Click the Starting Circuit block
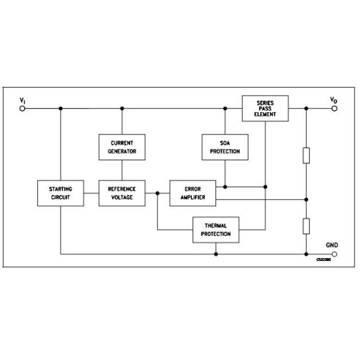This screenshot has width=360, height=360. tap(61, 193)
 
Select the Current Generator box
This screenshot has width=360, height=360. tap(122, 147)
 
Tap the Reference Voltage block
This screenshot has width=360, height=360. tap(122, 193)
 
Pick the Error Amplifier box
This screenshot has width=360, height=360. tap(192, 193)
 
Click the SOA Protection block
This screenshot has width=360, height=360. tap(225, 147)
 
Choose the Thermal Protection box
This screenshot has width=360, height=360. tap(215, 230)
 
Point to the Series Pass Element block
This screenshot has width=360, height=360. tap(265, 109)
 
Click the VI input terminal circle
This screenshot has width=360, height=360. tap(23, 109)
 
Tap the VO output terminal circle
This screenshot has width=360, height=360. tap(334, 109)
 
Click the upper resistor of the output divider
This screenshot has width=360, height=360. tap(306, 155)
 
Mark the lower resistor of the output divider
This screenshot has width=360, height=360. tap(306, 226)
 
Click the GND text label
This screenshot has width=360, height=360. tap(332, 245)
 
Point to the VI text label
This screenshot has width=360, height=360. tap(22, 100)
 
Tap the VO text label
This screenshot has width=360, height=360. tap(334, 100)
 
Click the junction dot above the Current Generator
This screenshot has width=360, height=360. tap(122, 109)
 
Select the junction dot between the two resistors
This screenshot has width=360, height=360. tap(306, 199)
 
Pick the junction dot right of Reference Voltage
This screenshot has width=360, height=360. tap(157, 193)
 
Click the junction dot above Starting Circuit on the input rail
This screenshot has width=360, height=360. tap(61, 109)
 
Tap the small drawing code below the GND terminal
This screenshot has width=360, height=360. tap(324, 260)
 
